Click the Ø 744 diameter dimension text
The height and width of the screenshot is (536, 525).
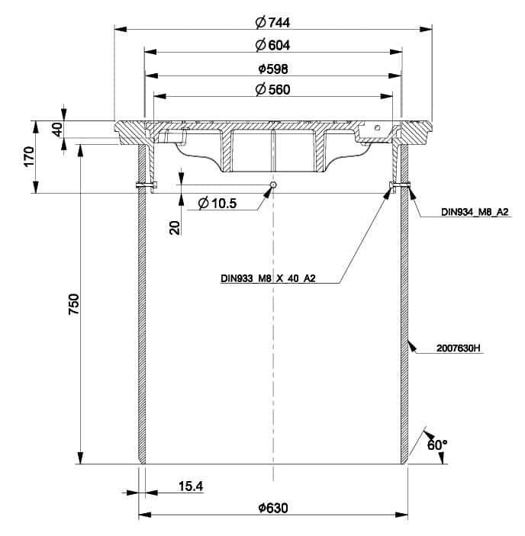272,23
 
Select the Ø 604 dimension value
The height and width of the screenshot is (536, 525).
272,45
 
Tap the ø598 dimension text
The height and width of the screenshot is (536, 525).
273,69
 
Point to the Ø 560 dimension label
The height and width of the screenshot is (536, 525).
272,89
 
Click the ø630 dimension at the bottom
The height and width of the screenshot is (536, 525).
273,508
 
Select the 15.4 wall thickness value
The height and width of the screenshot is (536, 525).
191,486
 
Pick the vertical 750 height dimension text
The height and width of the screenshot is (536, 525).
74,304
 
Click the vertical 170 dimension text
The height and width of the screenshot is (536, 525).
30,156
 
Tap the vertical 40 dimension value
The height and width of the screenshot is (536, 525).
58,130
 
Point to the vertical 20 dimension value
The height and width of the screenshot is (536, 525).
175,228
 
